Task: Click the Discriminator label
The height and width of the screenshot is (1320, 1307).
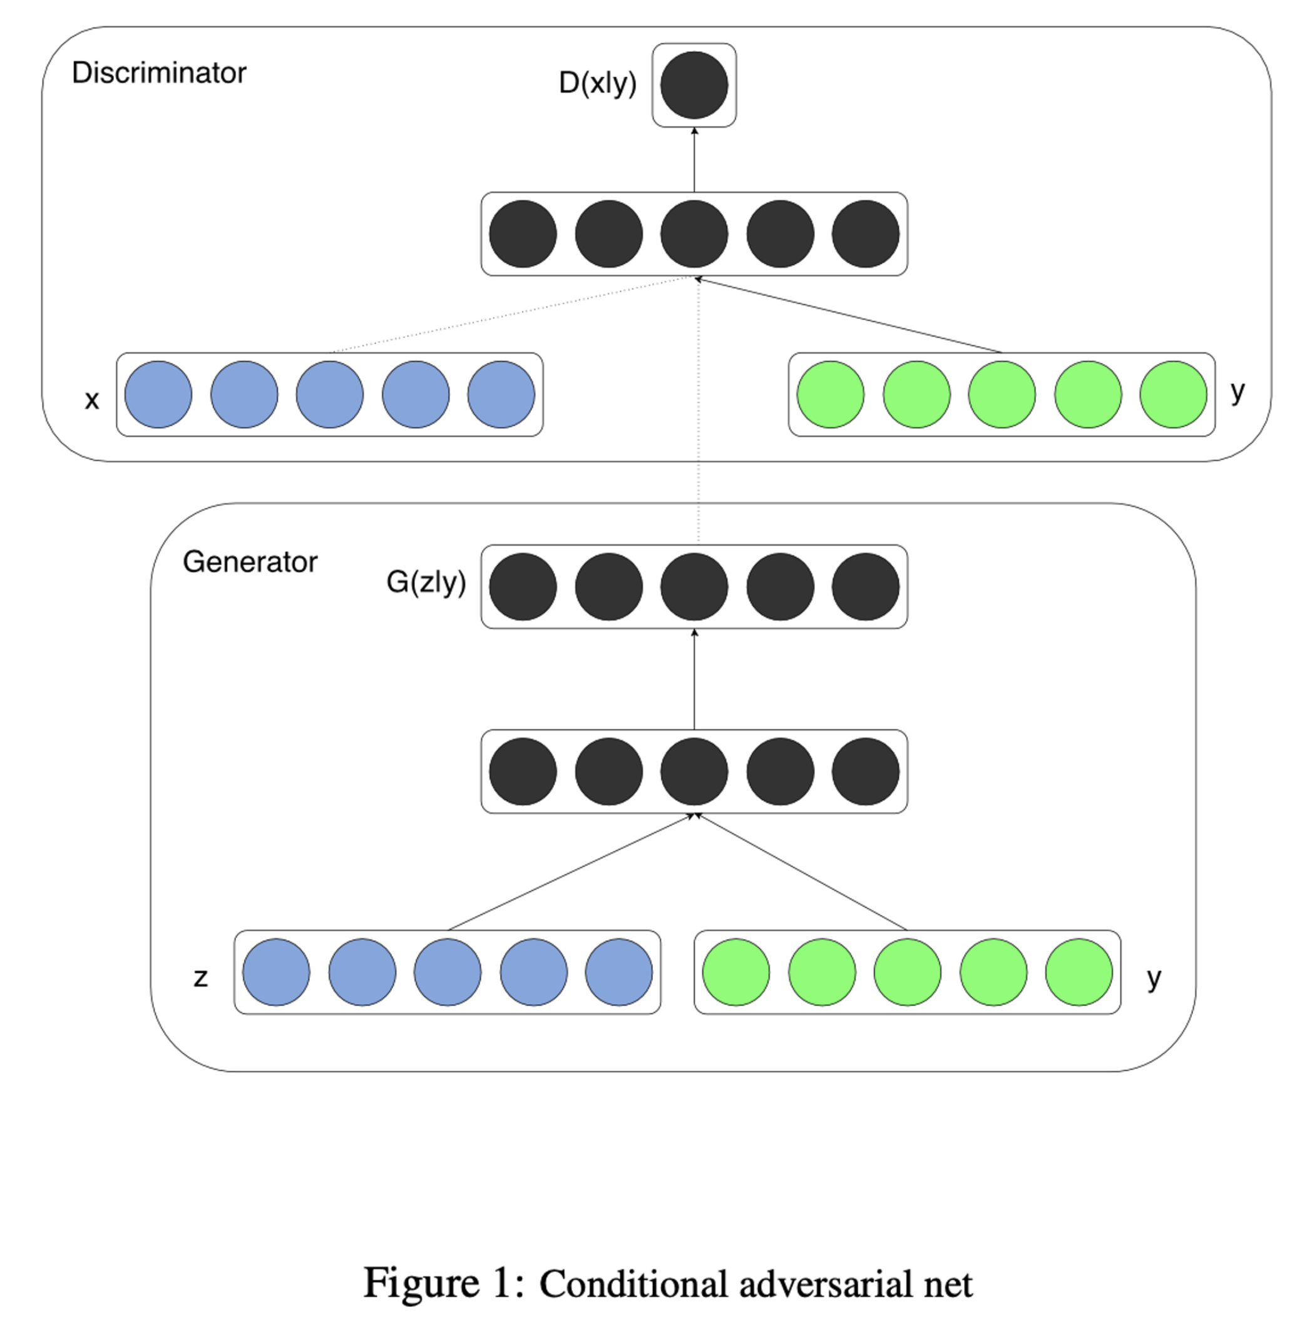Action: (x=158, y=73)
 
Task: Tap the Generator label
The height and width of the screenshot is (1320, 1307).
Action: (x=250, y=562)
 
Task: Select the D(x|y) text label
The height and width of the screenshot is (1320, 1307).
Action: (x=597, y=83)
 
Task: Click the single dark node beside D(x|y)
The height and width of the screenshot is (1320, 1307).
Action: (x=694, y=86)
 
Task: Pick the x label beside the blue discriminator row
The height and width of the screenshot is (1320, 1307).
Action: (x=91, y=400)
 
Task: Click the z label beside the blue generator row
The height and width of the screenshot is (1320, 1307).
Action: (x=200, y=977)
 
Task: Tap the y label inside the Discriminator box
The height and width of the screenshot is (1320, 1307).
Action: (x=1238, y=392)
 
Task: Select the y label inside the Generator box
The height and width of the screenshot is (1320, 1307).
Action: (x=1154, y=978)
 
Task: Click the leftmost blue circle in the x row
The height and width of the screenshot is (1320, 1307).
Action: (x=158, y=395)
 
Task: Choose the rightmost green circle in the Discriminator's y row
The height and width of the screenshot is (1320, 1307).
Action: (x=1173, y=395)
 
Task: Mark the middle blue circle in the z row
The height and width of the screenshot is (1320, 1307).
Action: (x=447, y=972)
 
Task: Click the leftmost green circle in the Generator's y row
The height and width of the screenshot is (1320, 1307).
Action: (x=736, y=972)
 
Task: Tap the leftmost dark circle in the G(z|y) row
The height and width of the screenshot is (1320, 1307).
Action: (x=523, y=587)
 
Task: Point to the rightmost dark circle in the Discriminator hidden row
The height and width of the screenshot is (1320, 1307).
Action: (x=866, y=235)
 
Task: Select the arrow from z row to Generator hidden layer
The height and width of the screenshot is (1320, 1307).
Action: (x=571, y=873)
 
